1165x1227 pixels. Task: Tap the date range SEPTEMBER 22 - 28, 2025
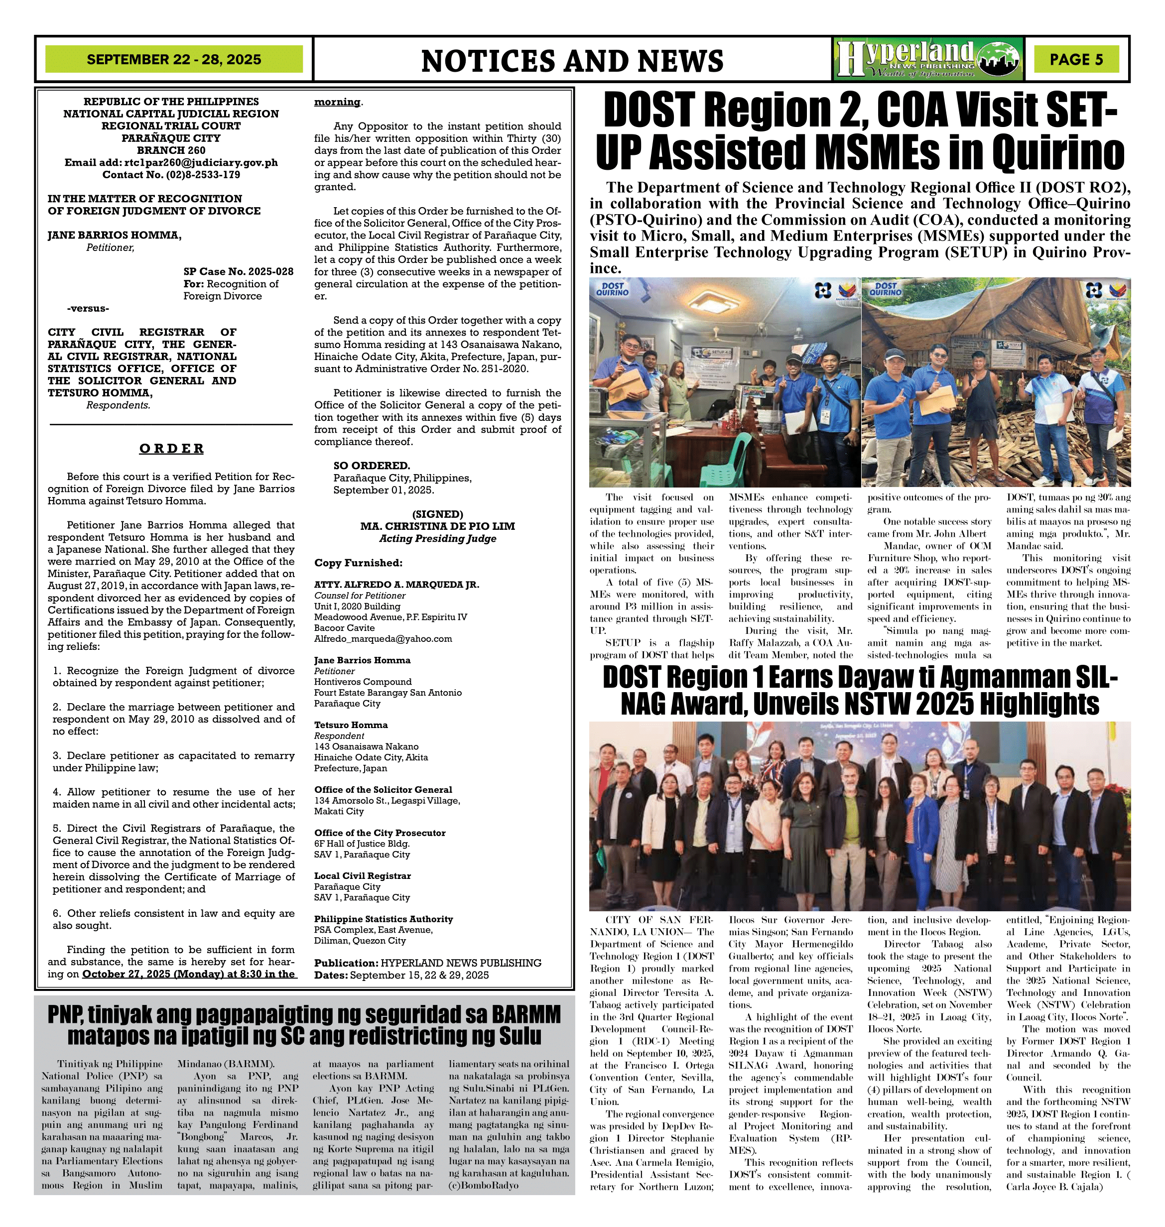pyautogui.click(x=174, y=60)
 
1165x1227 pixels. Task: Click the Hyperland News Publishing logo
pyautogui.click(x=928, y=60)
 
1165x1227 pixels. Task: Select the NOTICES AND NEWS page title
pyautogui.click(x=572, y=61)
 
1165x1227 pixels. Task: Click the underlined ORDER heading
pyautogui.click(x=171, y=448)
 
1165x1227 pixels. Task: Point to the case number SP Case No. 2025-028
pyautogui.click(x=239, y=271)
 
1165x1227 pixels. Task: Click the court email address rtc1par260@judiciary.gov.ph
pyautogui.click(x=201, y=163)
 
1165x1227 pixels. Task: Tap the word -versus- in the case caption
pyautogui.click(x=88, y=309)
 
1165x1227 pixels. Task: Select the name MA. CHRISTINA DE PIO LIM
pyautogui.click(x=437, y=526)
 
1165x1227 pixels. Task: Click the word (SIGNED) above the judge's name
pyautogui.click(x=437, y=514)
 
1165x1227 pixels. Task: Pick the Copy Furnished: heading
pyautogui.click(x=358, y=563)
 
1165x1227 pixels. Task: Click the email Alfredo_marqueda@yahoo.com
pyautogui.click(x=383, y=638)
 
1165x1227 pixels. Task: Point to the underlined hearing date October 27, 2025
pyautogui.click(x=189, y=974)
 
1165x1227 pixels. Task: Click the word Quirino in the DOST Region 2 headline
pyautogui.click(x=1058, y=152)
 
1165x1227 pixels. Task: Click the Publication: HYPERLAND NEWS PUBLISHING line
pyautogui.click(x=427, y=963)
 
